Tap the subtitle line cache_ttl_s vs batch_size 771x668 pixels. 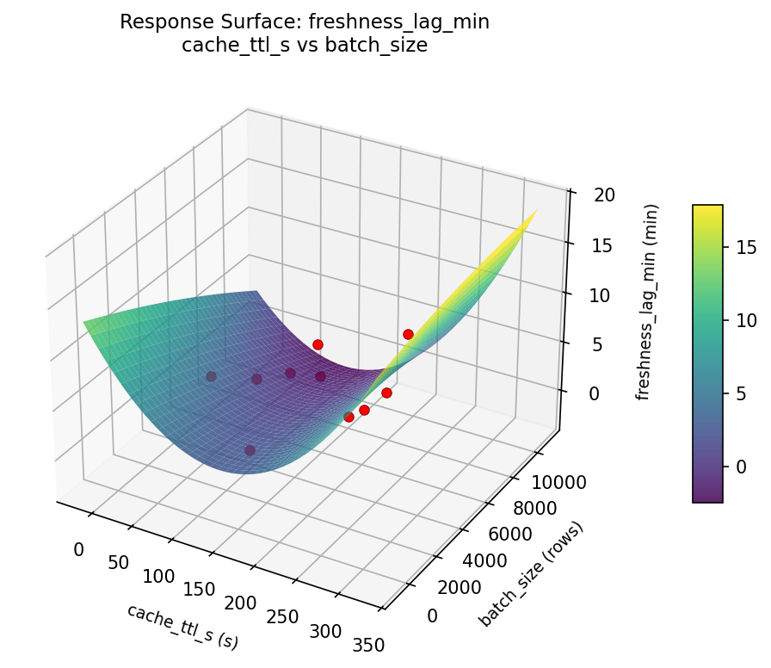305,46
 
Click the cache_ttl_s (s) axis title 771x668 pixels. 182,626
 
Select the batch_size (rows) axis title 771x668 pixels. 531,574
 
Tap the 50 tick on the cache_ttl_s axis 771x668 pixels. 119,563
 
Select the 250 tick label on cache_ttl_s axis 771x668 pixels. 282,616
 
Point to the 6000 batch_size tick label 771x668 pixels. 516,535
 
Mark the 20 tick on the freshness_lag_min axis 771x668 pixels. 604,195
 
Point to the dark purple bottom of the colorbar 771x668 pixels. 707,498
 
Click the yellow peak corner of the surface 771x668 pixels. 534,212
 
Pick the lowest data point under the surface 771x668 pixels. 250,450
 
